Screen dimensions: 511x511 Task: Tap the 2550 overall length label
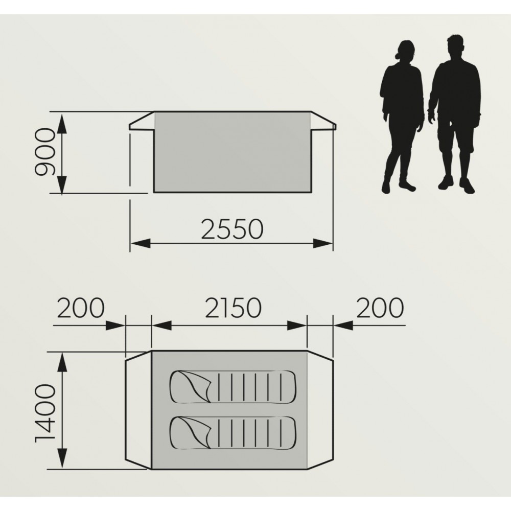pos(231,229)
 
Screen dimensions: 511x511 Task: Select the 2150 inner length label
pos(234,307)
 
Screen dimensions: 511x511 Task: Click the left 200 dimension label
pos(81,307)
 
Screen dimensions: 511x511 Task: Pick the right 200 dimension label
pos(380,307)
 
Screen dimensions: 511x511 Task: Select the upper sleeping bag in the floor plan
pos(233,387)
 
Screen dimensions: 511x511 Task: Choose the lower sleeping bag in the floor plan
pos(233,433)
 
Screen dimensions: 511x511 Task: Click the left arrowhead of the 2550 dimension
pos(141,243)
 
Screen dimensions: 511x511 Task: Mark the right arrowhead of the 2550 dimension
pos(322,243)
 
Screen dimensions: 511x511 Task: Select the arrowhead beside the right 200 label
pos(343,325)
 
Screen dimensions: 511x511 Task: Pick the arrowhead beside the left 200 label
pos(115,325)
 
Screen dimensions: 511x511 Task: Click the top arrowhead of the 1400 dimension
pos(62,362)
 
